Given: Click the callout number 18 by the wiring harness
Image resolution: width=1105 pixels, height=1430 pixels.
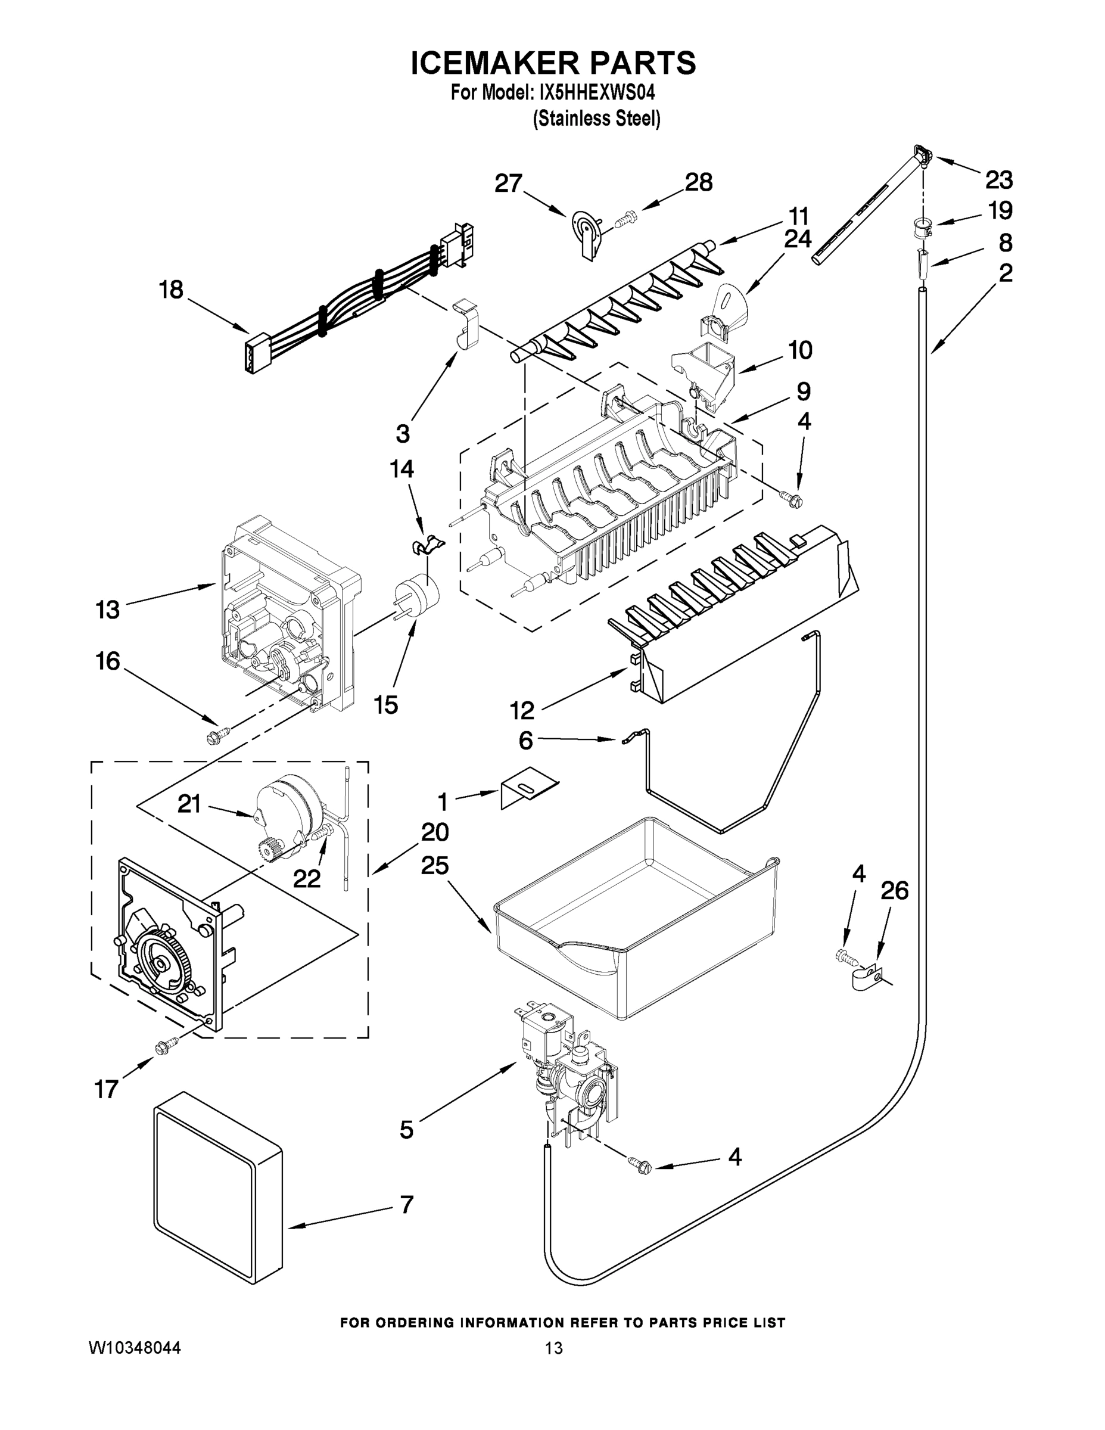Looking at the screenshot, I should click(x=172, y=290).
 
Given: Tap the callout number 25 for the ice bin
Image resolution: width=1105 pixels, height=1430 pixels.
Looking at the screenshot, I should click(x=435, y=866).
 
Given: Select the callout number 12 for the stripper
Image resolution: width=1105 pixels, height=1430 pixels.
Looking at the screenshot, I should click(x=522, y=710).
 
